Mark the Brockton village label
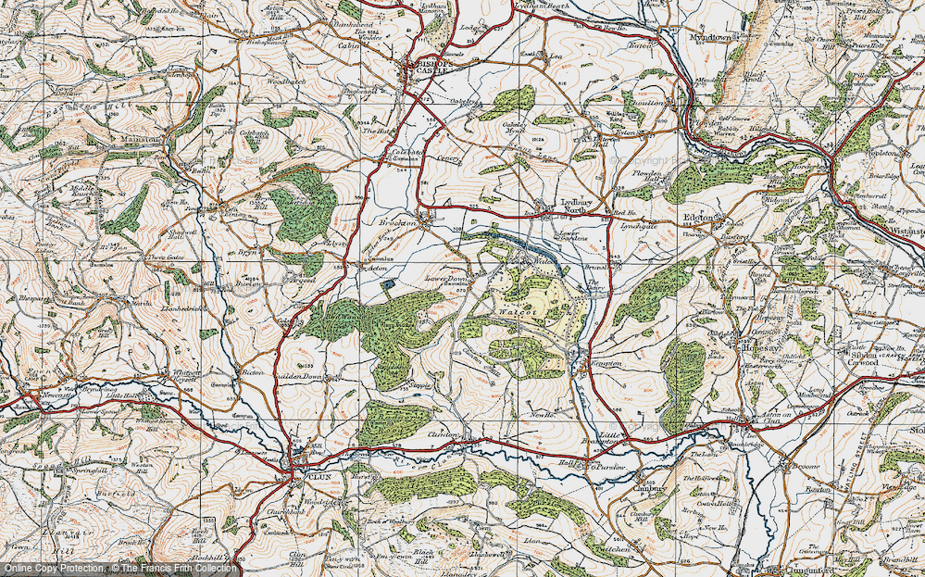tap(400, 223)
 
